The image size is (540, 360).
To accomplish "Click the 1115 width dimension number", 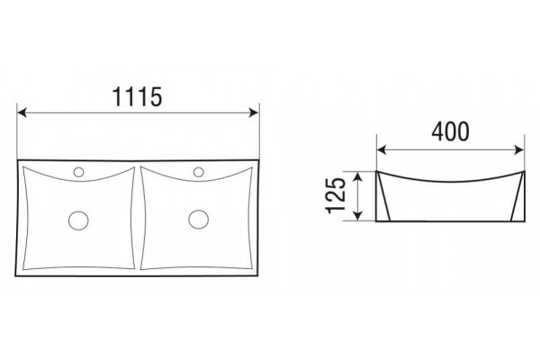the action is [138, 97].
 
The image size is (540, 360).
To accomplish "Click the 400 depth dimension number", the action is [450, 131].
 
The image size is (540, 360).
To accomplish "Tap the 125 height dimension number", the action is [336, 195].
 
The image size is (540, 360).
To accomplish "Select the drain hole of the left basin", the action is [78, 220].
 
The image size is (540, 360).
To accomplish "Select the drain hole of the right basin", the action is [198, 219].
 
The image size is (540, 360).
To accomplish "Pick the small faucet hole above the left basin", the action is [78, 172].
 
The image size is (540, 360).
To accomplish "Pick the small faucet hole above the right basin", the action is [199, 172].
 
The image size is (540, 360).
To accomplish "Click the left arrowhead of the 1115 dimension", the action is [22, 112].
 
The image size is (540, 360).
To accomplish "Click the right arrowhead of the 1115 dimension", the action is [254, 112].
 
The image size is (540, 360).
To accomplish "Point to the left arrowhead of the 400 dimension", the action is [382, 150].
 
